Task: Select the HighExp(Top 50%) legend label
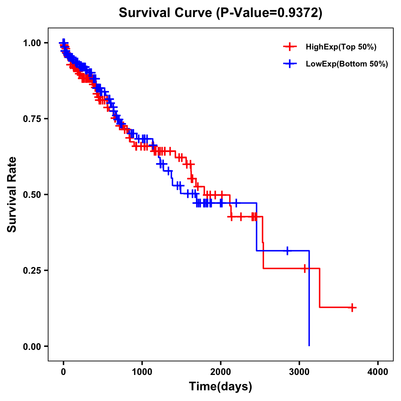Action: click(341, 47)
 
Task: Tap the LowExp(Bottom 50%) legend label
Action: click(347, 64)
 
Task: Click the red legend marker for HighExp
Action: click(290, 47)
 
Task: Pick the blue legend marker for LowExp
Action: click(290, 64)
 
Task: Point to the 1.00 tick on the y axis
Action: click(32, 43)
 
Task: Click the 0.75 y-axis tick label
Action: click(32, 119)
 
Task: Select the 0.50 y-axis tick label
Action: click(32, 195)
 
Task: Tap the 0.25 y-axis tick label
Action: click(32, 271)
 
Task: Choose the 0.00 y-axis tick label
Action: click(32, 347)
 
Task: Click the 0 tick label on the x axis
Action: click(63, 372)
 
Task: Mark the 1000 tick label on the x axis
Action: click(142, 372)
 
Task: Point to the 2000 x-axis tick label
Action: click(221, 372)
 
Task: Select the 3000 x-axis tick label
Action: click(299, 372)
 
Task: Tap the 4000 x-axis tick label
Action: click(378, 372)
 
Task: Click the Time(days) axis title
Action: click(221, 387)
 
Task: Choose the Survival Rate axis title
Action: click(12, 194)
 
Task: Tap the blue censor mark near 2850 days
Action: click(287, 251)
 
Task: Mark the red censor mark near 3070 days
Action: click(305, 268)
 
